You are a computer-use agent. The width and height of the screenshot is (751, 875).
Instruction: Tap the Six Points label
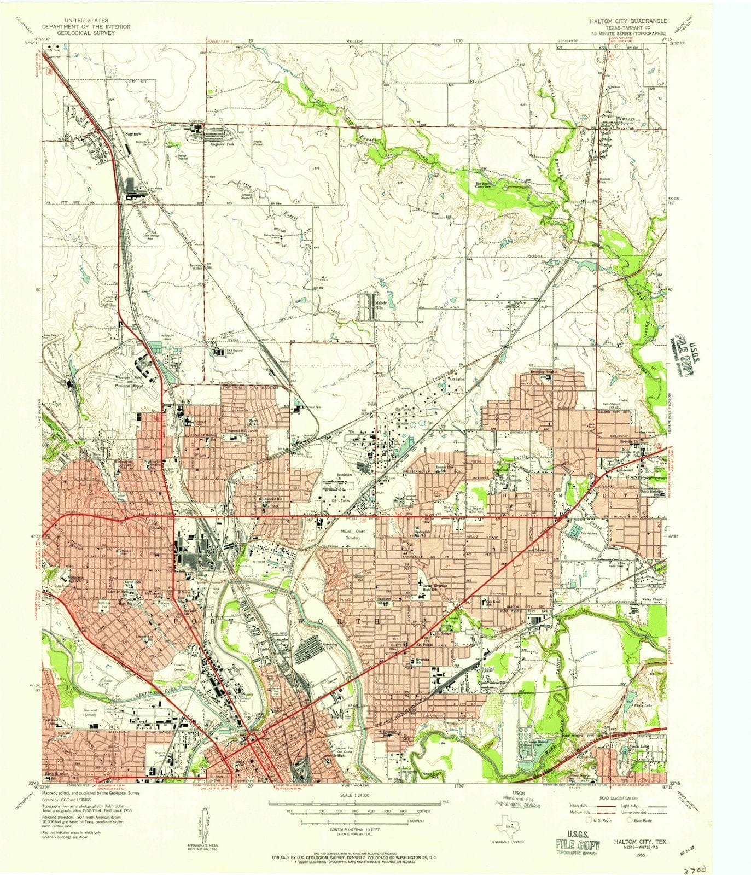426,646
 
